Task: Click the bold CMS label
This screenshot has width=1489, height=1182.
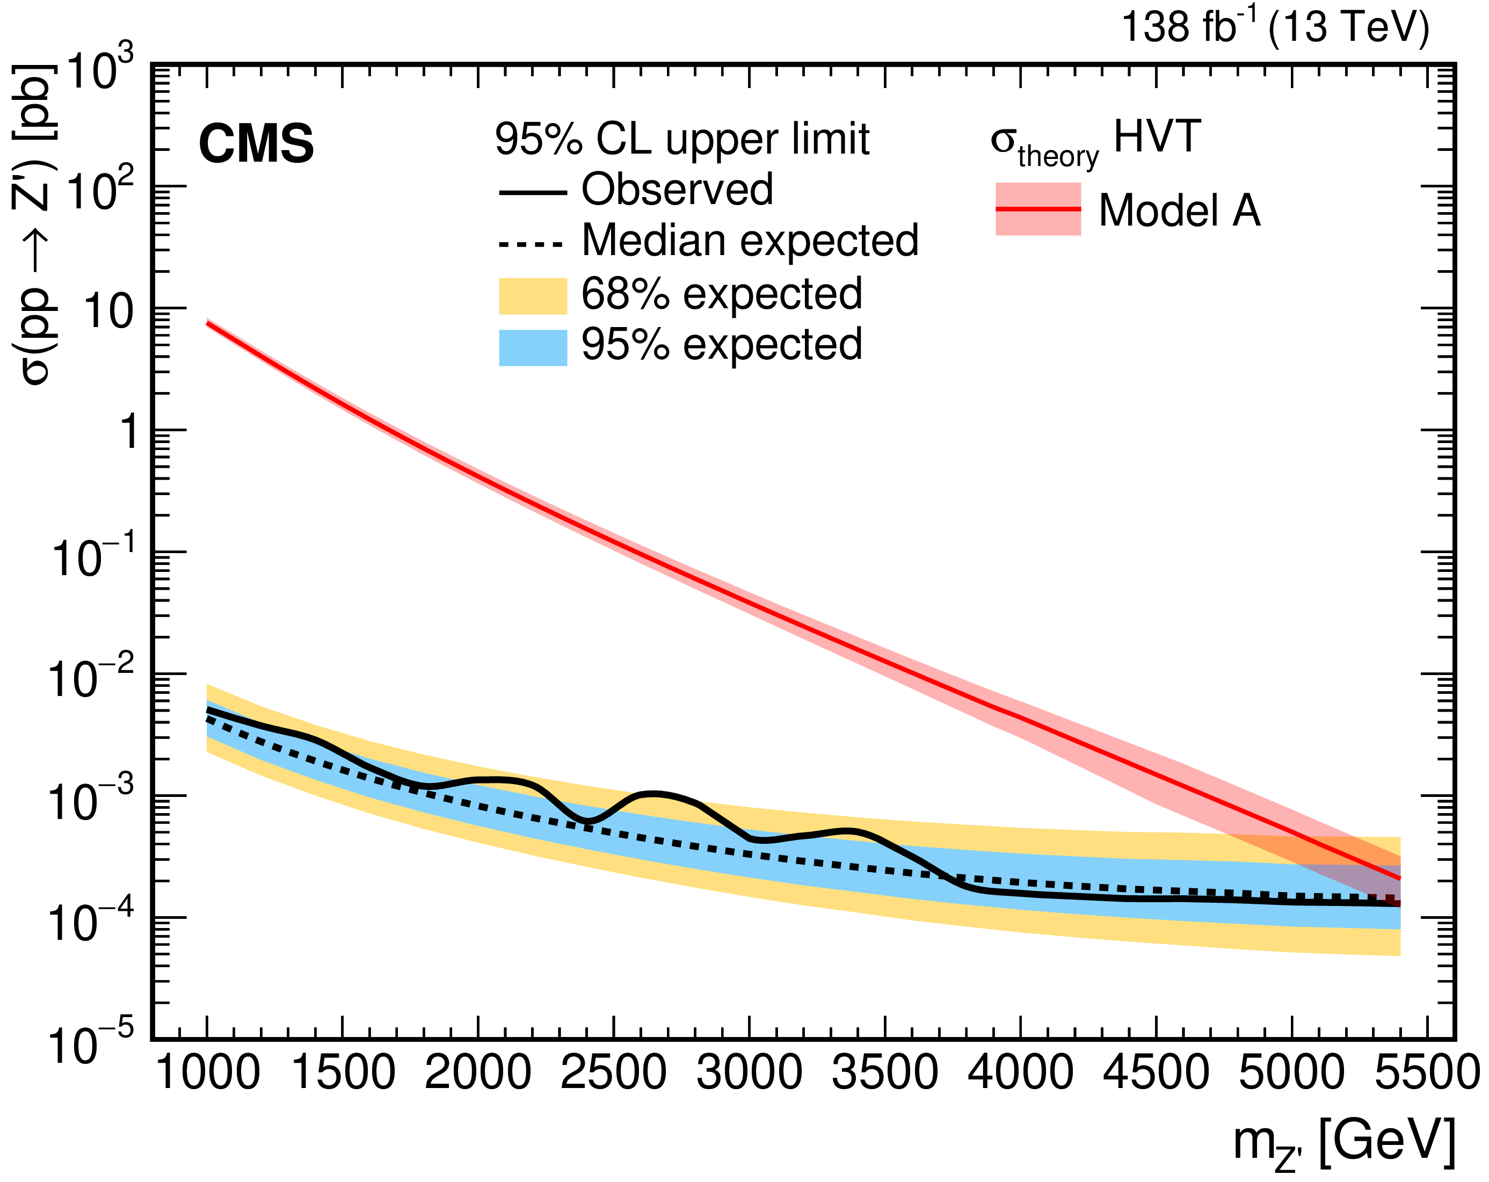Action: (x=256, y=144)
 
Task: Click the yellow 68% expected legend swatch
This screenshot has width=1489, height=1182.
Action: (x=533, y=296)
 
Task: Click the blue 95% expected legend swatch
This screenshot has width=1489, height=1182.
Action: (x=533, y=347)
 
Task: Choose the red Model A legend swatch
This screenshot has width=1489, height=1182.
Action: (x=1037, y=208)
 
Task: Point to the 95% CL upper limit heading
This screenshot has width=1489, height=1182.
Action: (x=681, y=139)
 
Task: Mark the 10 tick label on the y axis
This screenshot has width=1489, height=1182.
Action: (x=108, y=311)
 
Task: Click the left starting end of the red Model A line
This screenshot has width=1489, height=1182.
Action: (x=208, y=323)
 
